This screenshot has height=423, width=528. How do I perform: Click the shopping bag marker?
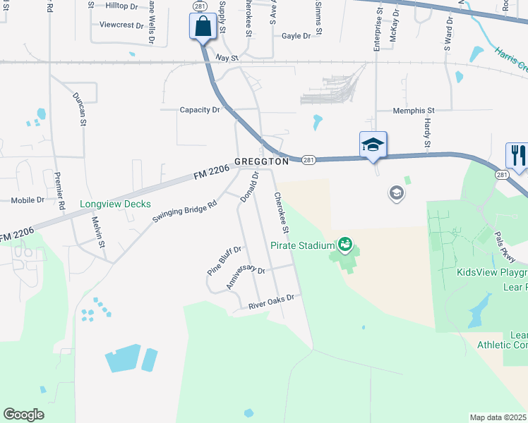click(203, 27)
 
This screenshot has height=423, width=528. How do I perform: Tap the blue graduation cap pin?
click(373, 145)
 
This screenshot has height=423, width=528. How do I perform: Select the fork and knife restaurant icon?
click(517, 156)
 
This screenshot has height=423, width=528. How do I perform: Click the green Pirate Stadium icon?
click(345, 245)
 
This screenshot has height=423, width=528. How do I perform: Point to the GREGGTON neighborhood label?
click(262, 161)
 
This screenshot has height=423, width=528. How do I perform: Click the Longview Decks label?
click(115, 204)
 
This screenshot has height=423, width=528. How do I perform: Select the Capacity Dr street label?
click(200, 110)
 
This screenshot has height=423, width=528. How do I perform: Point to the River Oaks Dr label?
click(270, 302)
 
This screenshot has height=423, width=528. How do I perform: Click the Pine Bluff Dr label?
click(224, 260)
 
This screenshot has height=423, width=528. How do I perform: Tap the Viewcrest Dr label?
click(121, 25)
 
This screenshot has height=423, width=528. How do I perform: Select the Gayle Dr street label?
click(296, 36)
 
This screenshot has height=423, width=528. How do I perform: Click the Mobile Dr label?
click(28, 200)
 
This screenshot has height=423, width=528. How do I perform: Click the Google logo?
click(23, 414)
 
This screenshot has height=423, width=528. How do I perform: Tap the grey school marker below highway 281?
click(397, 192)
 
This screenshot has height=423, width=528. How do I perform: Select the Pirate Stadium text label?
click(301, 245)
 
